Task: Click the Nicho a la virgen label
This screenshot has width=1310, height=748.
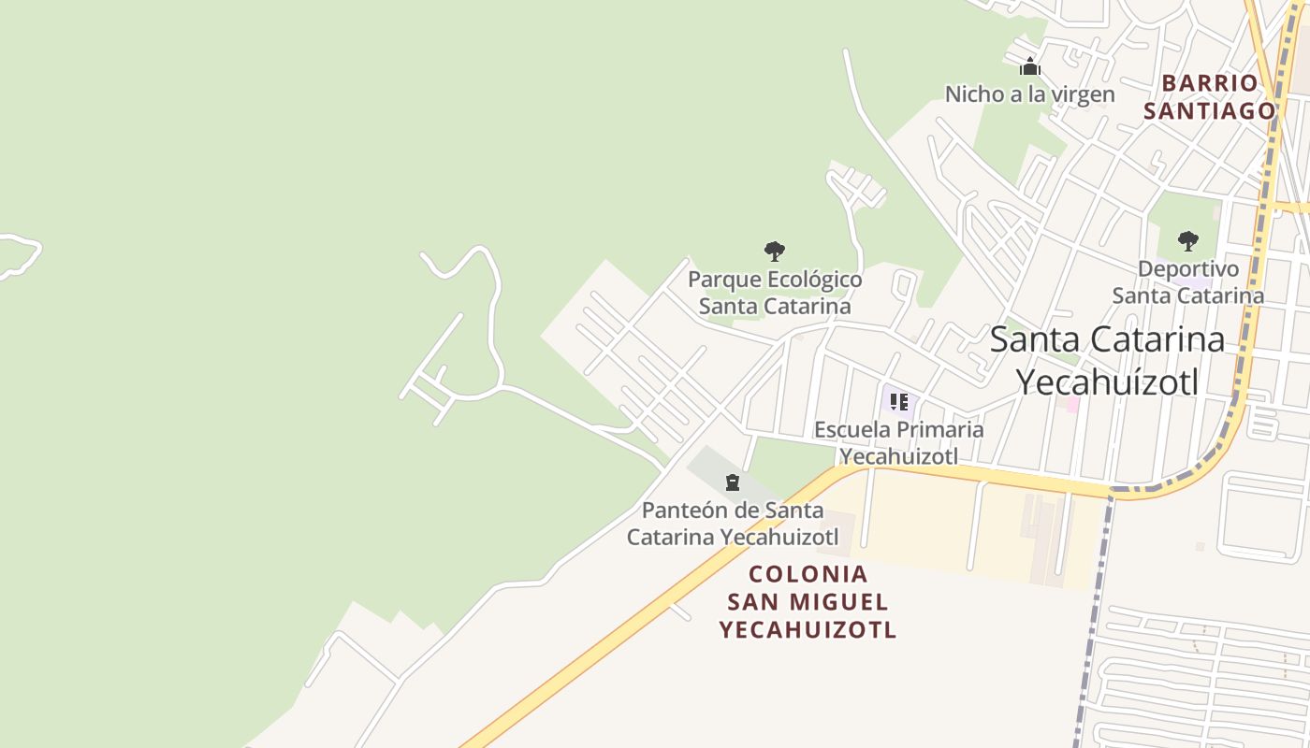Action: [x=1029, y=94]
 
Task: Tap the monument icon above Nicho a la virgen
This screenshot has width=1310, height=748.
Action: [x=1030, y=66]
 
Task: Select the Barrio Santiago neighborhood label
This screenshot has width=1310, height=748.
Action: [x=1209, y=97]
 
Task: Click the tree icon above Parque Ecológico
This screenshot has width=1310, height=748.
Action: [x=774, y=251]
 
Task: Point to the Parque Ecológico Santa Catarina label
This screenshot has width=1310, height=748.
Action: [x=775, y=293]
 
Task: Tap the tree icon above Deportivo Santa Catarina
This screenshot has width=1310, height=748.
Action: [x=1187, y=241]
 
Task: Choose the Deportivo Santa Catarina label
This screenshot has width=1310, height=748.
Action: [x=1187, y=282]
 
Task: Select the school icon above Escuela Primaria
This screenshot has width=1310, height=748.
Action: [x=898, y=402]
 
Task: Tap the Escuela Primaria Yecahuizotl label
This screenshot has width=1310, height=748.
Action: [x=898, y=442]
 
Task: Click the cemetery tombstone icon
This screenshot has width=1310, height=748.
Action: [x=732, y=482]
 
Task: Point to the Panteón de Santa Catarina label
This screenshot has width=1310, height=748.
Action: [x=732, y=524]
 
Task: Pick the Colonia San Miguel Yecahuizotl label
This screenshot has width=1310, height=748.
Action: [x=808, y=601]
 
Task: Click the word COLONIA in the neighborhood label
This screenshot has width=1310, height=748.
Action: [x=808, y=574]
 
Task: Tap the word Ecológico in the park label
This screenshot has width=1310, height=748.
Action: [x=814, y=280]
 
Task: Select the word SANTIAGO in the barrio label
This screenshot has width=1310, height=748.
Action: [x=1209, y=111]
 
